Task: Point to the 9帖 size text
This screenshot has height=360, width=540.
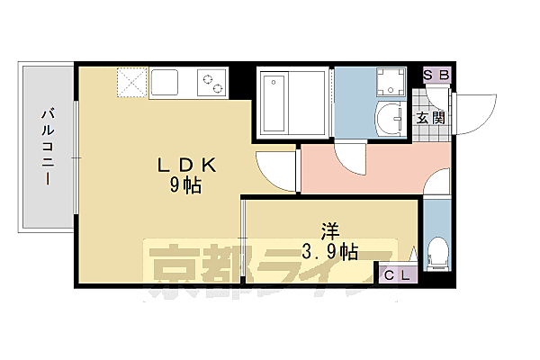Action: tap(186, 186)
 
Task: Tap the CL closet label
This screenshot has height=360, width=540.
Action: tap(396, 276)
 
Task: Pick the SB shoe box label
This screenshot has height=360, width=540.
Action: tap(436, 76)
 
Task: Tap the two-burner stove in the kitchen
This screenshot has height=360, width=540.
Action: tap(212, 85)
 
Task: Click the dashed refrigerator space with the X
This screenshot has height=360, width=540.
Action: tap(130, 85)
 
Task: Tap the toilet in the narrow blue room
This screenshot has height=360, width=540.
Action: tap(438, 256)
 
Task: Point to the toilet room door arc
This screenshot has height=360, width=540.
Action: tap(436, 184)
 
